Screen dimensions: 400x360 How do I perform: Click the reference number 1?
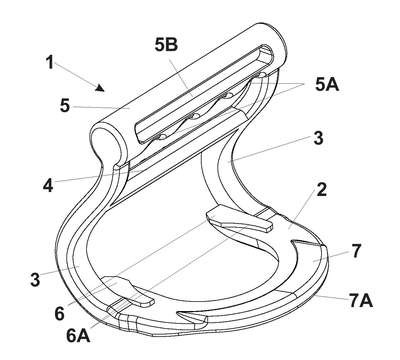tap(50, 63)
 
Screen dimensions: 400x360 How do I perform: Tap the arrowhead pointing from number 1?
tap(100, 88)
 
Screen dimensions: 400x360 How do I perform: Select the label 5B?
tap(166, 45)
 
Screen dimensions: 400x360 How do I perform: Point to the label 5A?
tap(327, 84)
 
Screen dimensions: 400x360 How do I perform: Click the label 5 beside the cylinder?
tap(65, 105)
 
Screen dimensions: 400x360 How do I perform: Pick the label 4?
tap(48, 185)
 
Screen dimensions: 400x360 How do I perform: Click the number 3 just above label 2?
tap(318, 137)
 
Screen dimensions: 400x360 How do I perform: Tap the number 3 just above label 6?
tap(35, 279)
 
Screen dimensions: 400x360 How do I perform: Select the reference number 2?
tap(322, 189)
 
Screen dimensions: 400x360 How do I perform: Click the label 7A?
tap(361, 301)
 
